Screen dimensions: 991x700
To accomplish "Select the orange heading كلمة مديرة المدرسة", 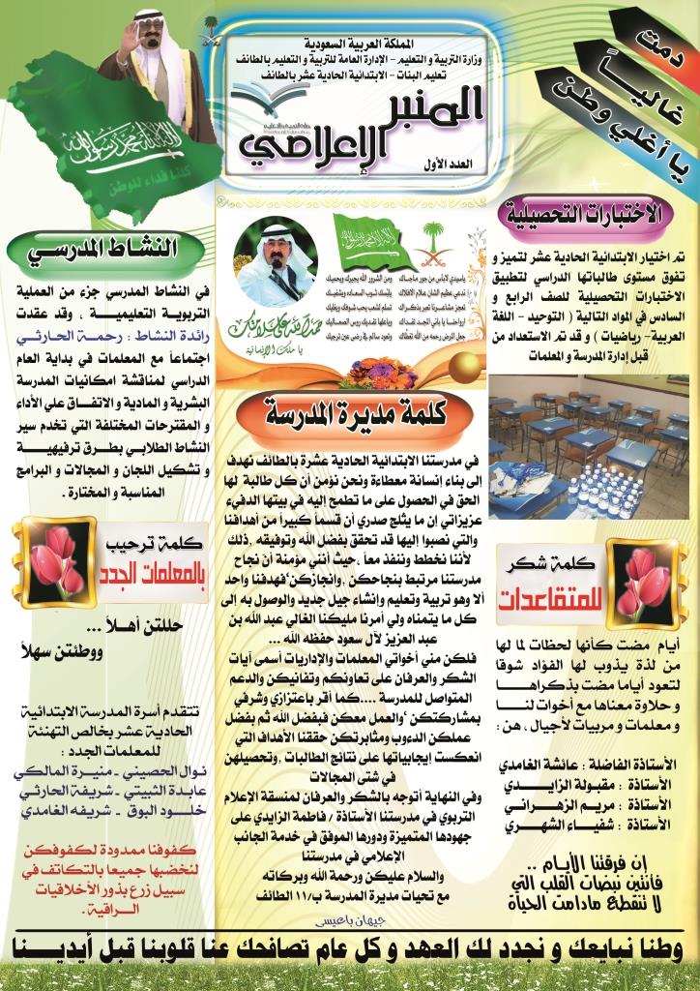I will [x=349, y=409].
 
